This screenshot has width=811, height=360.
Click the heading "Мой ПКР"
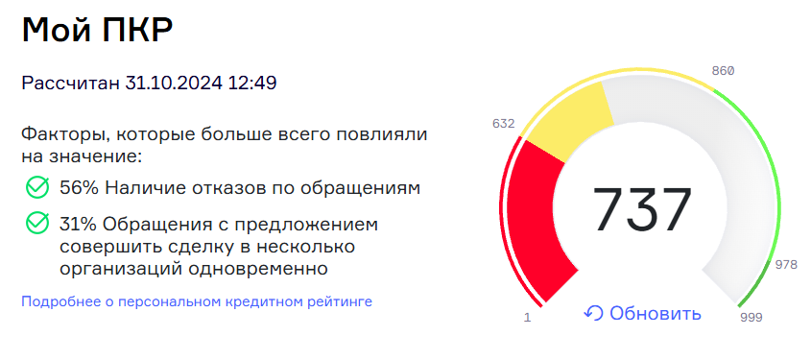coord(97,31)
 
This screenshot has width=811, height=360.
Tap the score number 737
coord(641,209)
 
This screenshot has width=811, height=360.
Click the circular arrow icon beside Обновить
coord(593,314)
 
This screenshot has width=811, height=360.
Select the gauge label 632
coord(503,124)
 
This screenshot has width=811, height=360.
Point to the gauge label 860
coord(722,70)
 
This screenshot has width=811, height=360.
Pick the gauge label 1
coord(527,318)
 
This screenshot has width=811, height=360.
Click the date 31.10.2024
coord(174,83)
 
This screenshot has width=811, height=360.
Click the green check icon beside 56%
coord(36,187)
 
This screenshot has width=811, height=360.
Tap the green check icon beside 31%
coord(36,224)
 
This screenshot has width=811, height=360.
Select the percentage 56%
coord(80,187)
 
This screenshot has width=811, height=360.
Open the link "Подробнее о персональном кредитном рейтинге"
coord(196,301)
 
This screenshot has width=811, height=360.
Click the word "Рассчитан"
coord(70,83)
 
